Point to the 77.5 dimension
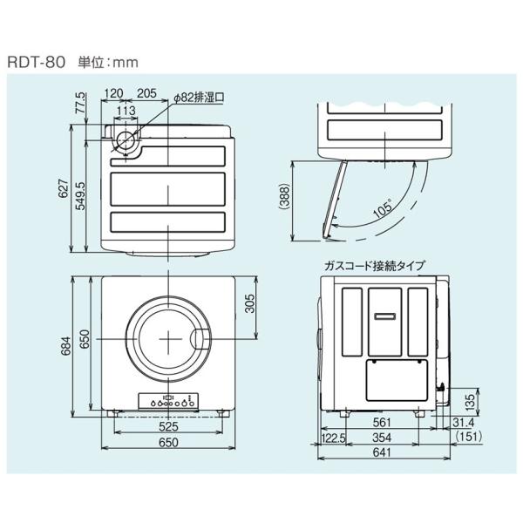(81, 105)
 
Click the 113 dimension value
(126, 111)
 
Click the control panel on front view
(168, 403)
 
